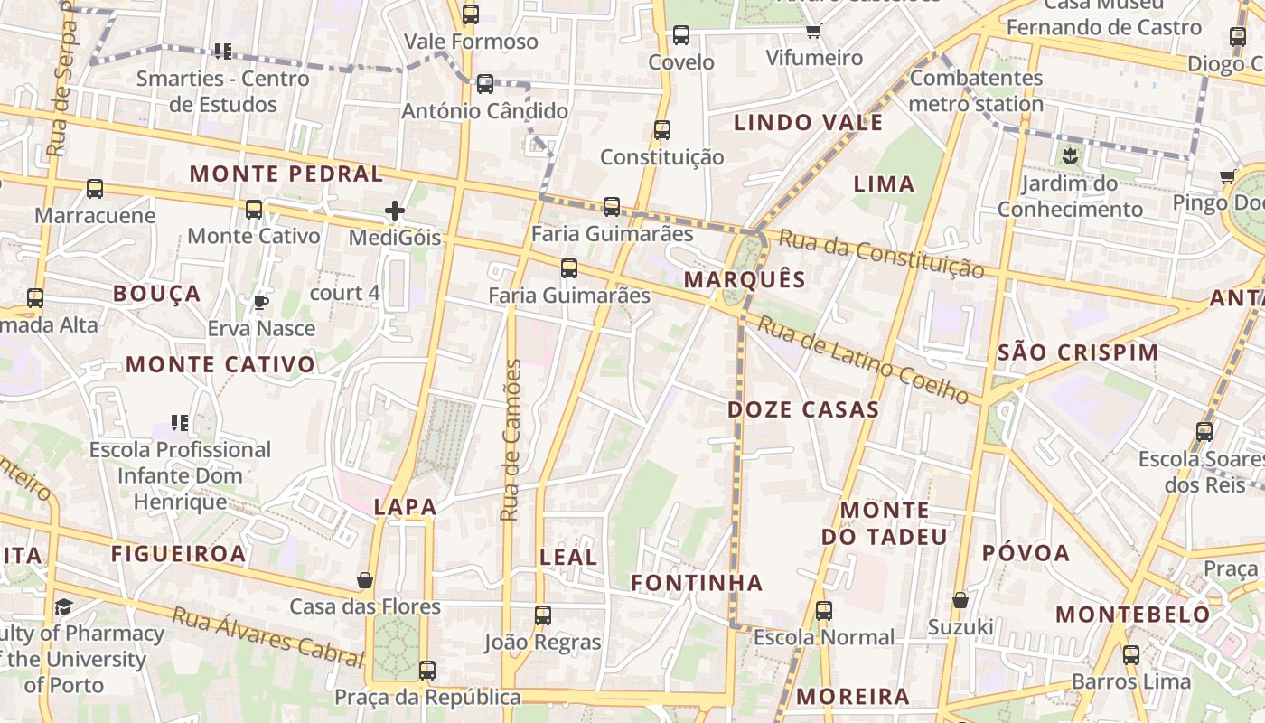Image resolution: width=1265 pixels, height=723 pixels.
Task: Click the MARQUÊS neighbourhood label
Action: [744, 279]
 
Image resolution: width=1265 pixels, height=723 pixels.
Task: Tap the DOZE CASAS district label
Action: [803, 409]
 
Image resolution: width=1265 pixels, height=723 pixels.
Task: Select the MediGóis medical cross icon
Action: [395, 211]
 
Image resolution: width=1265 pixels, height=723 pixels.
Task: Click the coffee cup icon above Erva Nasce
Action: [261, 302]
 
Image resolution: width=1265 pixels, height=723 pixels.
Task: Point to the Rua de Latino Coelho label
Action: [862, 360]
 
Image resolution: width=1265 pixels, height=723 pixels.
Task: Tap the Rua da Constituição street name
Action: [881, 254]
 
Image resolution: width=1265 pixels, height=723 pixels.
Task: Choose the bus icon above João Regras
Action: [543, 615]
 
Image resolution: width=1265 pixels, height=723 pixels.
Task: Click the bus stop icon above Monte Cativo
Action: [254, 210]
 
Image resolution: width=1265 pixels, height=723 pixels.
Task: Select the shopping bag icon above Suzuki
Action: [960, 600]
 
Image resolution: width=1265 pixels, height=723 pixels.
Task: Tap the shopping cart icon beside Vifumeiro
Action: [813, 32]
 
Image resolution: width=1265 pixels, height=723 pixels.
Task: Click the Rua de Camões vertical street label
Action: [511, 440]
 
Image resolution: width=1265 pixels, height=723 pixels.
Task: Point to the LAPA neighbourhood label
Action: [406, 508]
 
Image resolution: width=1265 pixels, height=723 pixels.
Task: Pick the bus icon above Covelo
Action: [681, 35]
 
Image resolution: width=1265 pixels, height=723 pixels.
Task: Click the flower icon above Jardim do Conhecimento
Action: [1071, 155]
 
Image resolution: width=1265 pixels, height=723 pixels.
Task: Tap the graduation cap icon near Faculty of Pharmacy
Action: [63, 606]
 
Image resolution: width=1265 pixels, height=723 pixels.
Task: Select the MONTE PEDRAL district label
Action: [286, 174]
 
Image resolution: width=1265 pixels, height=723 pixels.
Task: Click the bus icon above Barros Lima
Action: [1131, 655]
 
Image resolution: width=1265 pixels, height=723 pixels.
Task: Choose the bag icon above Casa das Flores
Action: [365, 580]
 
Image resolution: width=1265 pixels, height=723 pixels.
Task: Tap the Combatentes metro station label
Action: [976, 90]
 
